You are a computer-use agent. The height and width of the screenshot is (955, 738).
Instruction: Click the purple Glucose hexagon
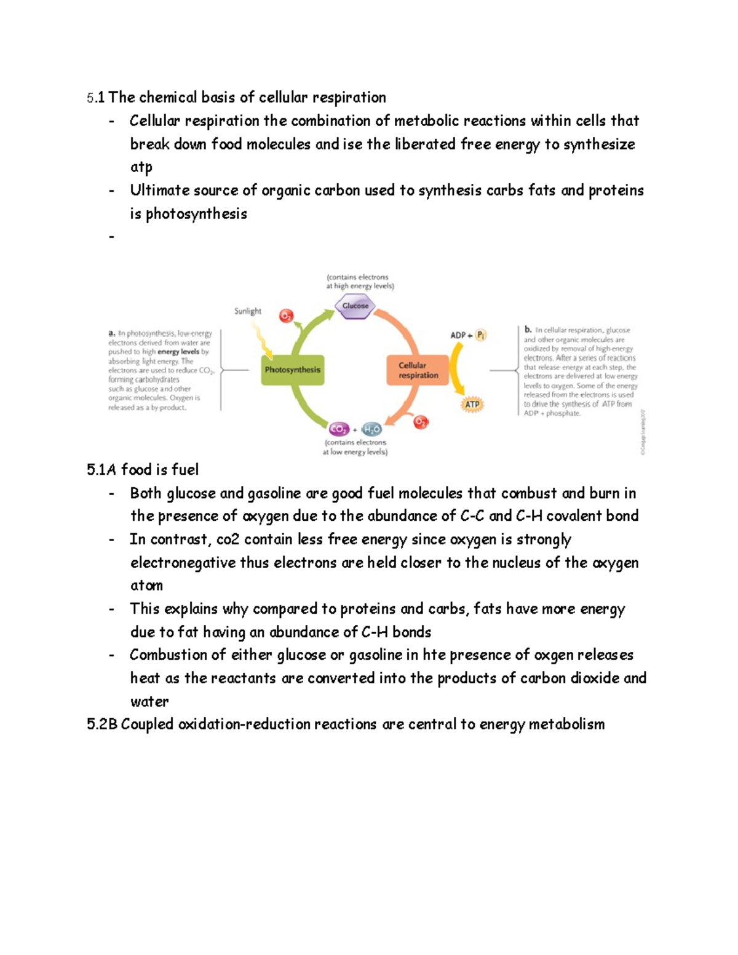355,306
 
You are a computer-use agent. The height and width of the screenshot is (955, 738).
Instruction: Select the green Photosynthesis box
292,370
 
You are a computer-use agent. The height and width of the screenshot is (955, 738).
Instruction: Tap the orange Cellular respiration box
418,370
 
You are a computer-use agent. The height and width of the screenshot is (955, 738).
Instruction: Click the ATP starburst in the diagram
472,405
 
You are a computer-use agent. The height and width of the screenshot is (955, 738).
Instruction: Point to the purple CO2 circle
339,429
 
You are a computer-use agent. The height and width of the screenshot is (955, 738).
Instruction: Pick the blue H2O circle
372,430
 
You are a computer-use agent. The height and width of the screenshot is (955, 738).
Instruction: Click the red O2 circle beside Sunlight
286,316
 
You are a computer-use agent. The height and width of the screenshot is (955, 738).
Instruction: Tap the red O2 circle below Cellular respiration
421,422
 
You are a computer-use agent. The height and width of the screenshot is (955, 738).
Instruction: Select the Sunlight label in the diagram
248,311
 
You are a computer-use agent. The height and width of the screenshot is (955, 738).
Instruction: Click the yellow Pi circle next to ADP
481,335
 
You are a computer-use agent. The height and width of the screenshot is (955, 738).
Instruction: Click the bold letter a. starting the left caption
112,333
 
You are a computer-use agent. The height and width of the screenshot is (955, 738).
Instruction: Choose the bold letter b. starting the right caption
528,330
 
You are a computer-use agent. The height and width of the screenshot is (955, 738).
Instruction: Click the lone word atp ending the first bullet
141,167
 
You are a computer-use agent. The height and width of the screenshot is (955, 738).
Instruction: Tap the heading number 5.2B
101,724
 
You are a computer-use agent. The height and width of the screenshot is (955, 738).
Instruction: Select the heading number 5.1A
101,470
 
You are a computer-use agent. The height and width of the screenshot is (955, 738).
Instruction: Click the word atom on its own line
146,585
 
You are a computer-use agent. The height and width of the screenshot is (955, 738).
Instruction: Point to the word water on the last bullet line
149,702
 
